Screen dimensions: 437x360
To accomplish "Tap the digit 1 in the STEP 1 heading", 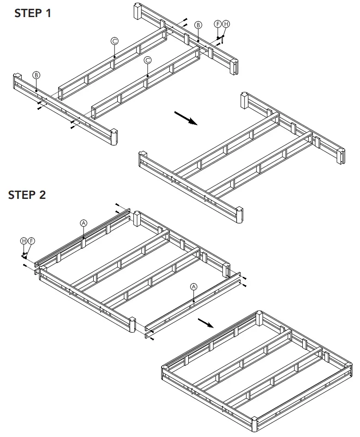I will tap(48, 13).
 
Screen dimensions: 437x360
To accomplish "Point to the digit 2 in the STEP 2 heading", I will tap(42, 195).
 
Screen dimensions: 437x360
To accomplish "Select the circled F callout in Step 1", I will tap(218, 24).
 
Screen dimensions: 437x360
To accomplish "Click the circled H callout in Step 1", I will tap(225, 24).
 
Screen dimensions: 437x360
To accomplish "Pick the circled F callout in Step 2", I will tap(31, 240).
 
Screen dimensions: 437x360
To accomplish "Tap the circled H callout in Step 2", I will tap(24, 240).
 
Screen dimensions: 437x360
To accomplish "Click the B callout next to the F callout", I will tap(198, 25).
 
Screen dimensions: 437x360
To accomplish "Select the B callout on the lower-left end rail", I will tap(36, 75).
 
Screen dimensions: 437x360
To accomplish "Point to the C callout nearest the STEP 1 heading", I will tap(114, 41).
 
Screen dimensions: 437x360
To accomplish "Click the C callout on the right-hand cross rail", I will tap(148, 60).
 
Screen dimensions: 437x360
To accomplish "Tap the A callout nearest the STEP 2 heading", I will tap(84, 223).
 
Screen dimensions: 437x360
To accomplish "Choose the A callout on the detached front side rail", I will tap(194, 287).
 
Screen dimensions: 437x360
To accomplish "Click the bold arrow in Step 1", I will tap(186, 118).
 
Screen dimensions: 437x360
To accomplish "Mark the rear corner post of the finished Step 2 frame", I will tap(259, 319).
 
